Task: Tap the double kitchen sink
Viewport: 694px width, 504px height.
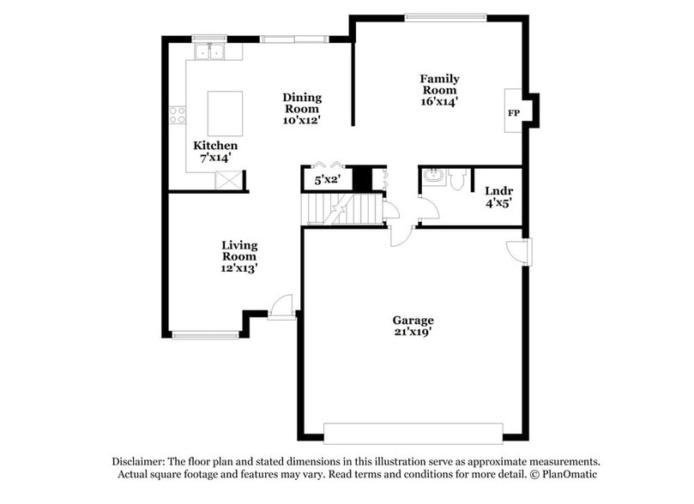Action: [x=207, y=51]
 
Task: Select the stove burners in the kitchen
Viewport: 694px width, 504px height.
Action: [x=178, y=114]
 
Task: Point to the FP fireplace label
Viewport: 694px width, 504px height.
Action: [x=514, y=113]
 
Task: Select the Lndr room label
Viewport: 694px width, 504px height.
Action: [x=498, y=190]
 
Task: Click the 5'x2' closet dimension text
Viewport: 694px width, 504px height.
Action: [x=327, y=181]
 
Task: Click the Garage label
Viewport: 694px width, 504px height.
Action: [x=413, y=321]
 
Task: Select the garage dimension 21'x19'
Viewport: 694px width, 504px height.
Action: [x=413, y=333]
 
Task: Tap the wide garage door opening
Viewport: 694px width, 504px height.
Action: [x=413, y=432]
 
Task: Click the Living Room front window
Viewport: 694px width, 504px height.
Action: [x=205, y=334]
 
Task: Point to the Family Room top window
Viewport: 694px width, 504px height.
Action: [x=445, y=15]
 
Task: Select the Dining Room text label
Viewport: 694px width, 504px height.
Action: [x=301, y=103]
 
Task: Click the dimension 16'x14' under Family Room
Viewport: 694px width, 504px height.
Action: [x=438, y=101]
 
